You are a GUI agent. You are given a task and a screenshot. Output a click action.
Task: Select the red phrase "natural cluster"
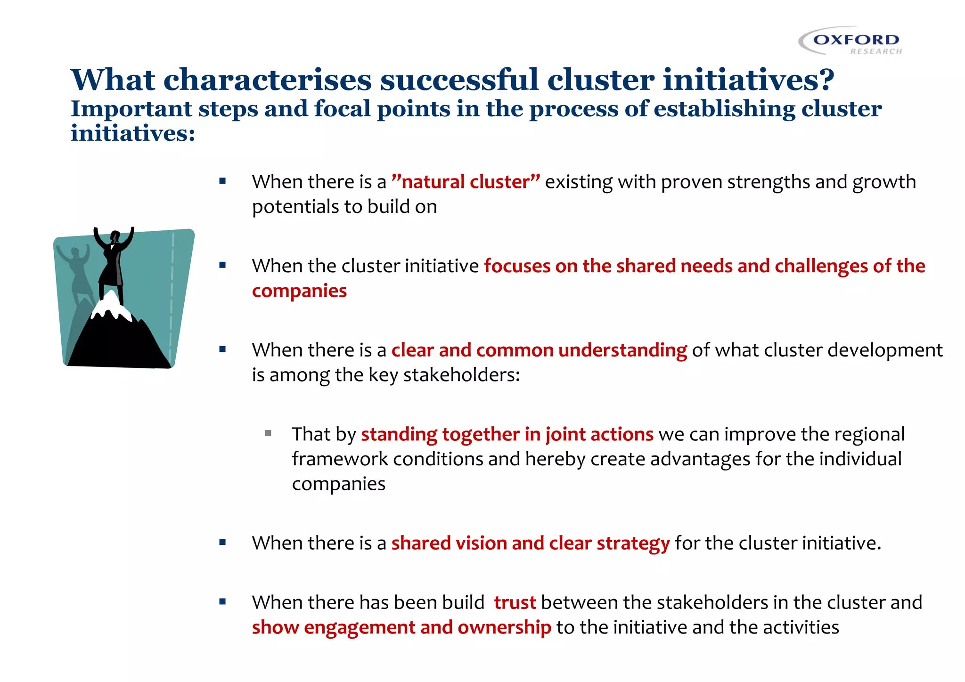click(466, 182)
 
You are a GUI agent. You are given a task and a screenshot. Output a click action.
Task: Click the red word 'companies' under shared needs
click(299, 291)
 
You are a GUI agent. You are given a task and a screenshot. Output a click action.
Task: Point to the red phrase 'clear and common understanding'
click(539, 350)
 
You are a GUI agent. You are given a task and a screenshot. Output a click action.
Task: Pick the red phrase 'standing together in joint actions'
click(507, 434)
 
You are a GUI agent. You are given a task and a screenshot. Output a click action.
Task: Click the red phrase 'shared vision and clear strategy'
click(530, 543)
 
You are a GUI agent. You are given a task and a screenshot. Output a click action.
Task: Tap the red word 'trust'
click(515, 602)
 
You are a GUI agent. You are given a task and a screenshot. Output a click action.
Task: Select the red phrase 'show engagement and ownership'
click(401, 627)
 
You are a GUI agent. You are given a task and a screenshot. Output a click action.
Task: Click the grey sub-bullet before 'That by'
click(268, 433)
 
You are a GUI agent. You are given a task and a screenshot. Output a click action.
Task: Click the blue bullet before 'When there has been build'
click(222, 601)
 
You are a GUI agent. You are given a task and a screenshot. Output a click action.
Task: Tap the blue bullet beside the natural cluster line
click(222, 181)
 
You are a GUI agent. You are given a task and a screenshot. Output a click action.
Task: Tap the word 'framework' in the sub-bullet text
click(339, 459)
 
